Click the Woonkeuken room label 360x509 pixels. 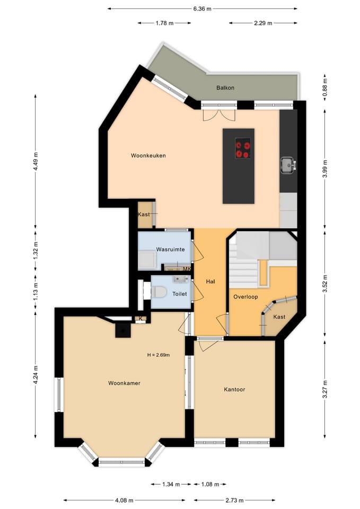(x=148, y=156)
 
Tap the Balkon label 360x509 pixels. (x=225, y=87)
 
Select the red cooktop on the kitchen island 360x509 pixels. (x=243, y=148)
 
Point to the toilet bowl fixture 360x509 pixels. (x=159, y=292)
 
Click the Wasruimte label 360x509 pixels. (x=169, y=249)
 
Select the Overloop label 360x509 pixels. (x=245, y=297)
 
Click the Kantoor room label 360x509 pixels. (x=234, y=389)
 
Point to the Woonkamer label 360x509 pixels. (x=124, y=383)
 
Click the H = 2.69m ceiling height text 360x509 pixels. (x=158, y=355)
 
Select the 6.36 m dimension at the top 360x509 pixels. (x=202, y=8)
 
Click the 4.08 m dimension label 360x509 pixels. (x=124, y=500)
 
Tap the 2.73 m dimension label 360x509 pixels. (x=234, y=500)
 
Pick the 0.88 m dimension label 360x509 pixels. (x=324, y=86)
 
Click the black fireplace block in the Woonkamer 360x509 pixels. (x=122, y=330)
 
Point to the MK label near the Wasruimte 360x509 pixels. (x=186, y=269)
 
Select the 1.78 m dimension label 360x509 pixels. (x=164, y=23)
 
